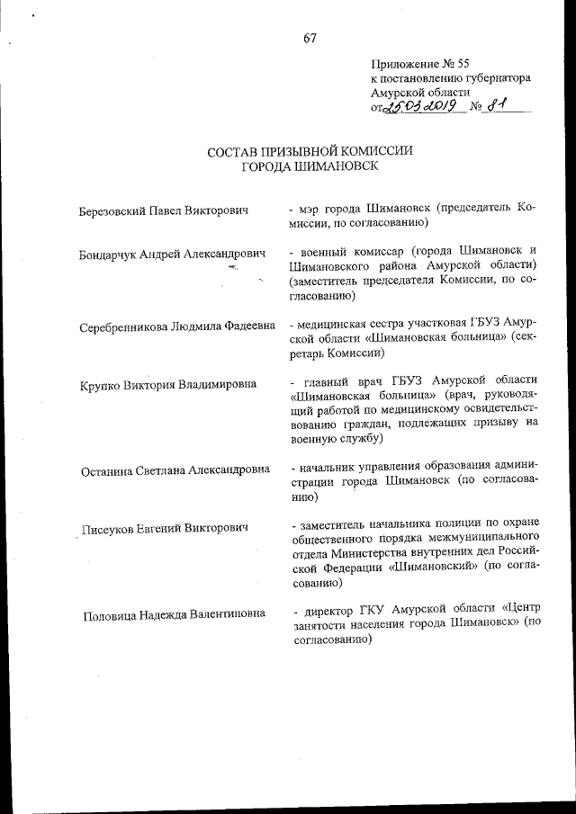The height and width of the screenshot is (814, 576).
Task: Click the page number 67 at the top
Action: click(310, 38)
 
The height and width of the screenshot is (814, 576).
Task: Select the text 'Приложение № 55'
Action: click(419, 64)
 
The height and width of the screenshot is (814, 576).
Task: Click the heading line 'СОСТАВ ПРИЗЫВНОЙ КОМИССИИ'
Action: click(310, 152)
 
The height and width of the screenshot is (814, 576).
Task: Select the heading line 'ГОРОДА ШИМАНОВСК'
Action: click(310, 166)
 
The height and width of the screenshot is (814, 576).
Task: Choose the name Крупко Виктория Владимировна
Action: click(168, 384)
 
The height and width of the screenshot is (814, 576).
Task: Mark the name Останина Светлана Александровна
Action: click(175, 470)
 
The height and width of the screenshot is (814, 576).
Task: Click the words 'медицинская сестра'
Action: click(353, 322)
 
